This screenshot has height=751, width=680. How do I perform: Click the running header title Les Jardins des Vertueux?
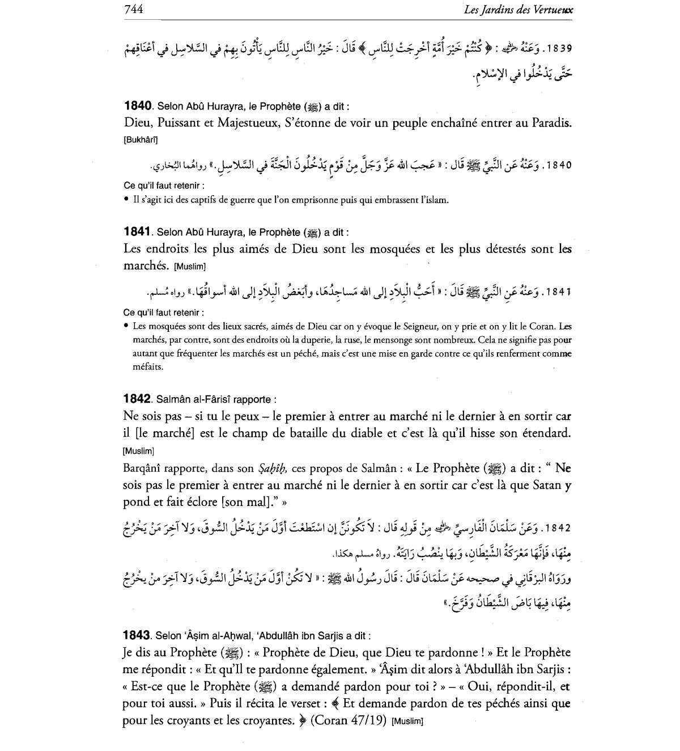(517, 9)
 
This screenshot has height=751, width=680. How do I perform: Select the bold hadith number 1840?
(138, 106)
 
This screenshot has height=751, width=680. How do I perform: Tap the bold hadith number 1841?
(137, 232)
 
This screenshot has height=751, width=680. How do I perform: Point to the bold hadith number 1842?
(137, 399)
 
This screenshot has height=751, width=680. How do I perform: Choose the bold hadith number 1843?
(137, 635)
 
